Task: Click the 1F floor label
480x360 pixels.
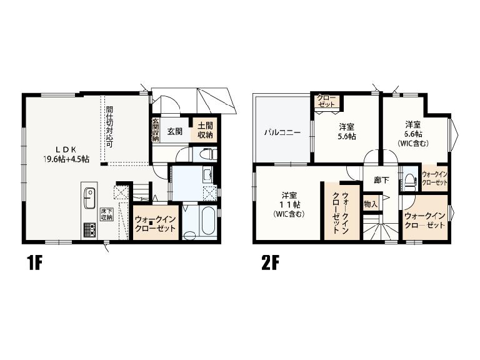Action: point(34,263)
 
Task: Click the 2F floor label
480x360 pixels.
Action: point(270,263)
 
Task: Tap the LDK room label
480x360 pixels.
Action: point(66,154)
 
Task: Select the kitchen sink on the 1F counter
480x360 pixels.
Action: point(89,198)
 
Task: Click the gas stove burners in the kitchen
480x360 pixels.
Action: point(89,230)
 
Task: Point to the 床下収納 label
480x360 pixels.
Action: point(107,214)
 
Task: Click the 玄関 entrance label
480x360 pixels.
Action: point(175,131)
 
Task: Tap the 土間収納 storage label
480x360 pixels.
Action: point(205,130)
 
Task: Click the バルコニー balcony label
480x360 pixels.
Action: point(282,132)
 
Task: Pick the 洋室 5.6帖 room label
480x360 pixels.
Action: point(346,131)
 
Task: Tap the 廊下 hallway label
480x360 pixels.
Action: point(381,180)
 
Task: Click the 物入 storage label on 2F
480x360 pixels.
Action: point(371,204)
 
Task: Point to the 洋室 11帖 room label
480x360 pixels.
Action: point(289,204)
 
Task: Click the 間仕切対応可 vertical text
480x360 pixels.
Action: point(109,127)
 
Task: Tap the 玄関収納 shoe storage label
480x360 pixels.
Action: point(155,130)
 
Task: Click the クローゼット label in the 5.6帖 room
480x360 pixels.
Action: point(326,101)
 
